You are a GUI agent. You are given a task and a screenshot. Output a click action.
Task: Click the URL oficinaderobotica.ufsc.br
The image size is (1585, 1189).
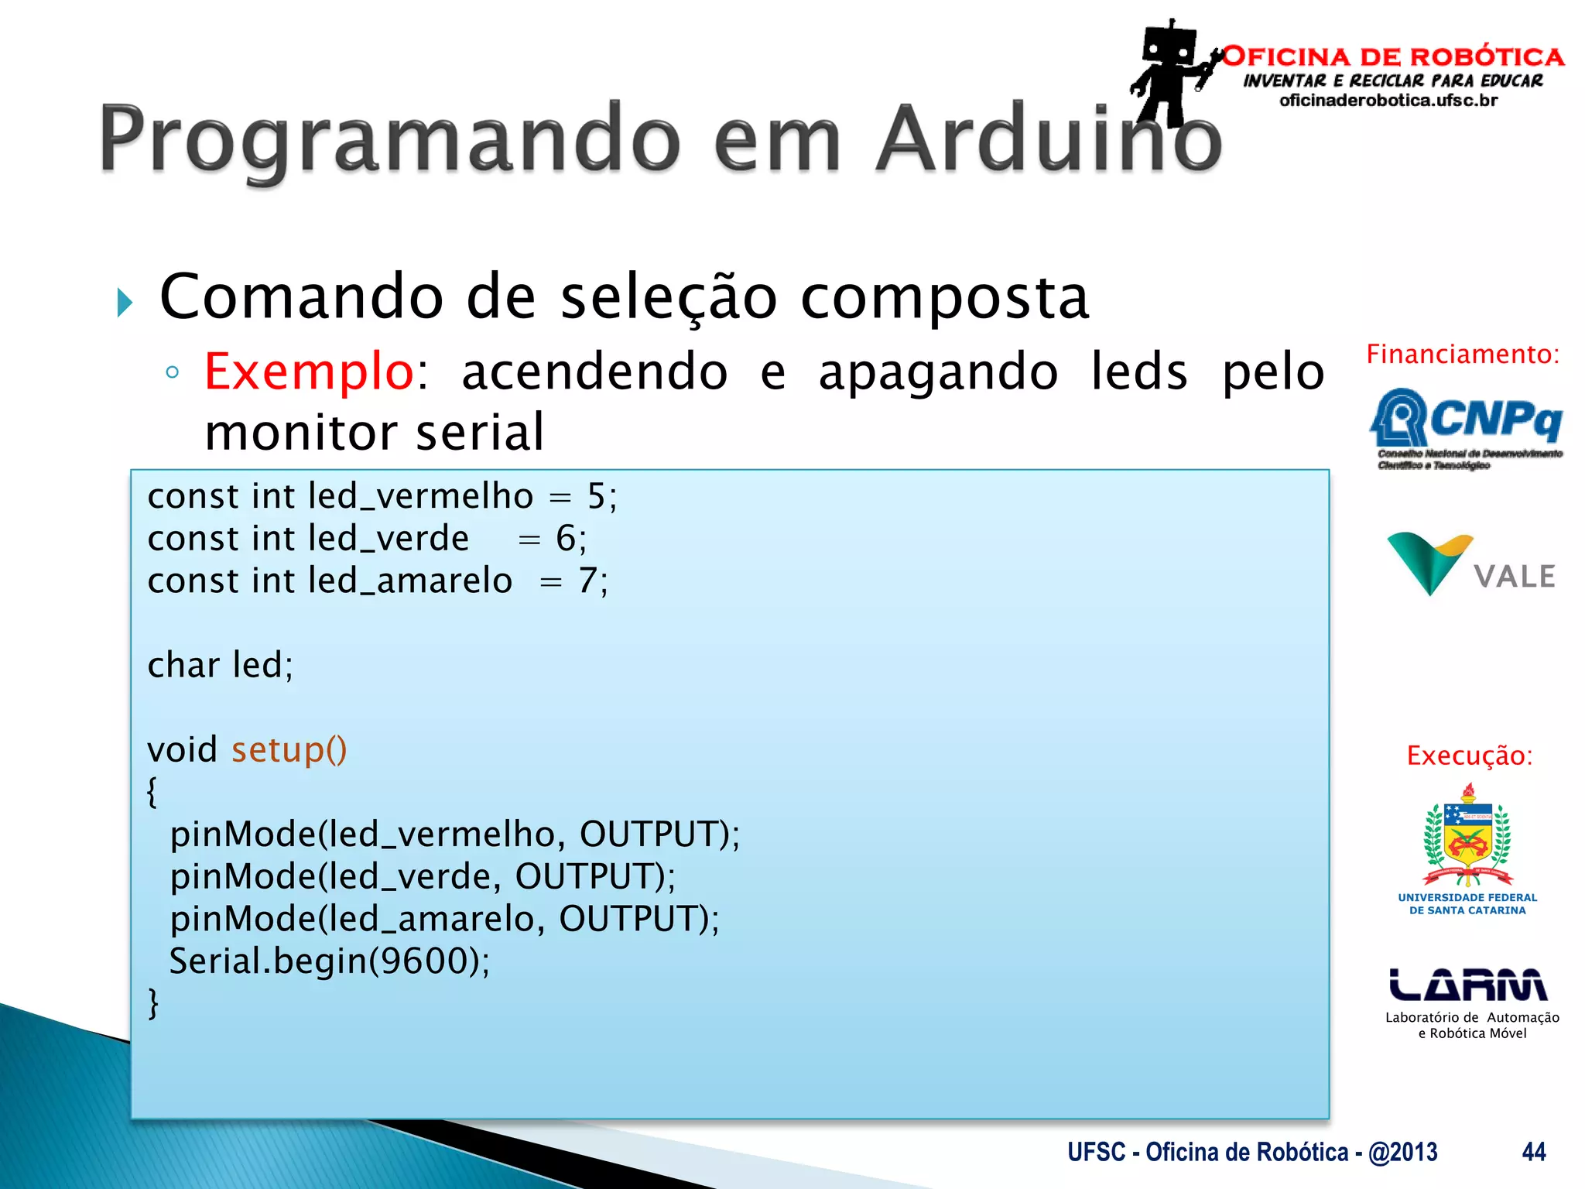[1388, 101]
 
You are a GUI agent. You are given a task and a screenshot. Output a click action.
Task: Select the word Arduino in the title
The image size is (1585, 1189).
[1049, 139]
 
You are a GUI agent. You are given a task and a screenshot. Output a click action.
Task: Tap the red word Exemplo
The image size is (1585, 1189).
[310, 372]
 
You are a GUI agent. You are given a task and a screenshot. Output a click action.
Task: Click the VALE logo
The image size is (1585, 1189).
[1470, 565]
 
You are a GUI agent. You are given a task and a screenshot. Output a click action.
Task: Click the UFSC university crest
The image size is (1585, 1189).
[1467, 840]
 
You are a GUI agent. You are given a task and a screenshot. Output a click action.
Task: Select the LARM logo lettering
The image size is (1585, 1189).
[1468, 985]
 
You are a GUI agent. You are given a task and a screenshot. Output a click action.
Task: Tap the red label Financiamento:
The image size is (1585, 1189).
[1463, 355]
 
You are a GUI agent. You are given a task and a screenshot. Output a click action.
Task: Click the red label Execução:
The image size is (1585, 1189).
[1469, 756]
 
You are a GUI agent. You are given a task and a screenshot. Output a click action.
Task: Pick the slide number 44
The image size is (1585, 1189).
[1533, 1152]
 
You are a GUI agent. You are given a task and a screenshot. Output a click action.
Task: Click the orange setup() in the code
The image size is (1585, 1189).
[289, 749]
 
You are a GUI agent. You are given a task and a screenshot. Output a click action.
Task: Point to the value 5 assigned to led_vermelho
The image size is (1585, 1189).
[596, 496]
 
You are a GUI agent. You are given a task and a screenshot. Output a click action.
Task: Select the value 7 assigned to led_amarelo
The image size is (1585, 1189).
[587, 581]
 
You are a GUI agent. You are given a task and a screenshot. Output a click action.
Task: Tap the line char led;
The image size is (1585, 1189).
[221, 665]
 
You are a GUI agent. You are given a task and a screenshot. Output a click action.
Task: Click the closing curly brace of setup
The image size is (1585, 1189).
[153, 1004]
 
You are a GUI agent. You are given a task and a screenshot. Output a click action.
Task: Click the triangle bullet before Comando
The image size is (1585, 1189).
[125, 302]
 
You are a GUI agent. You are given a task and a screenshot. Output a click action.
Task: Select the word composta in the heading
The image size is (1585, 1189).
[944, 298]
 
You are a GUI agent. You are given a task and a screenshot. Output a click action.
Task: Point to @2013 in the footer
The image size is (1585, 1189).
[1402, 1152]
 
